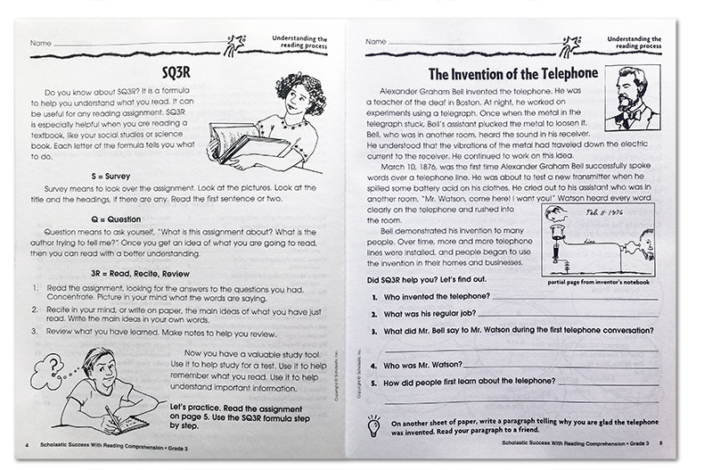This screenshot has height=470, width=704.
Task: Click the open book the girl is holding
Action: tap(239, 142)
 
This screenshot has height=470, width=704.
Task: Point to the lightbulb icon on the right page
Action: tap(373, 425)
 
